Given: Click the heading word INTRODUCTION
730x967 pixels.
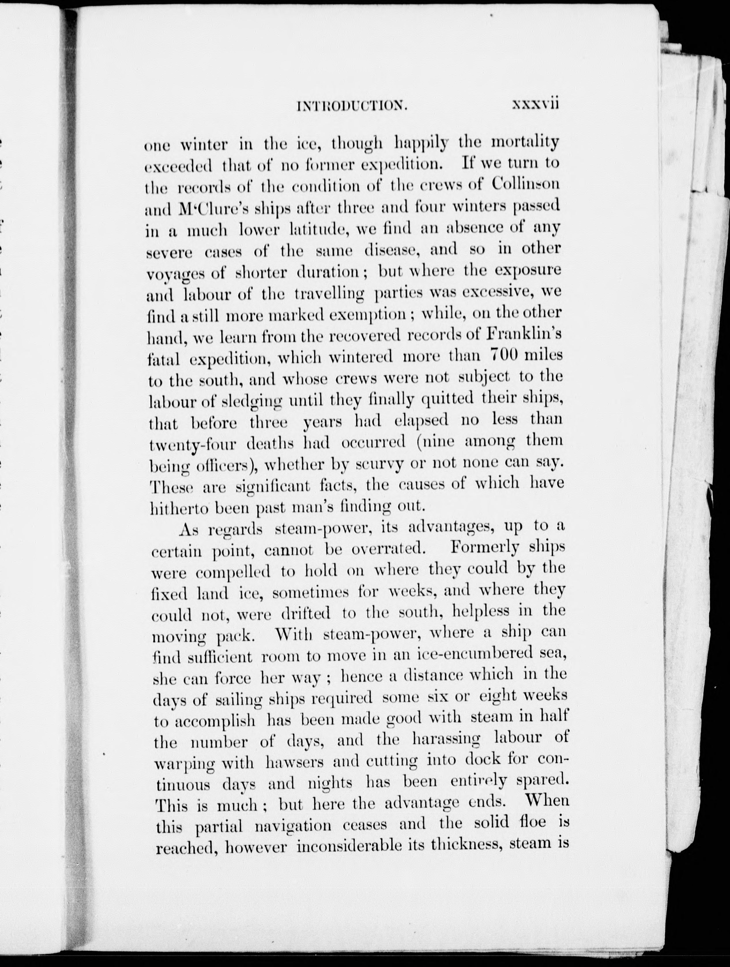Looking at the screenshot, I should (x=352, y=106).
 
